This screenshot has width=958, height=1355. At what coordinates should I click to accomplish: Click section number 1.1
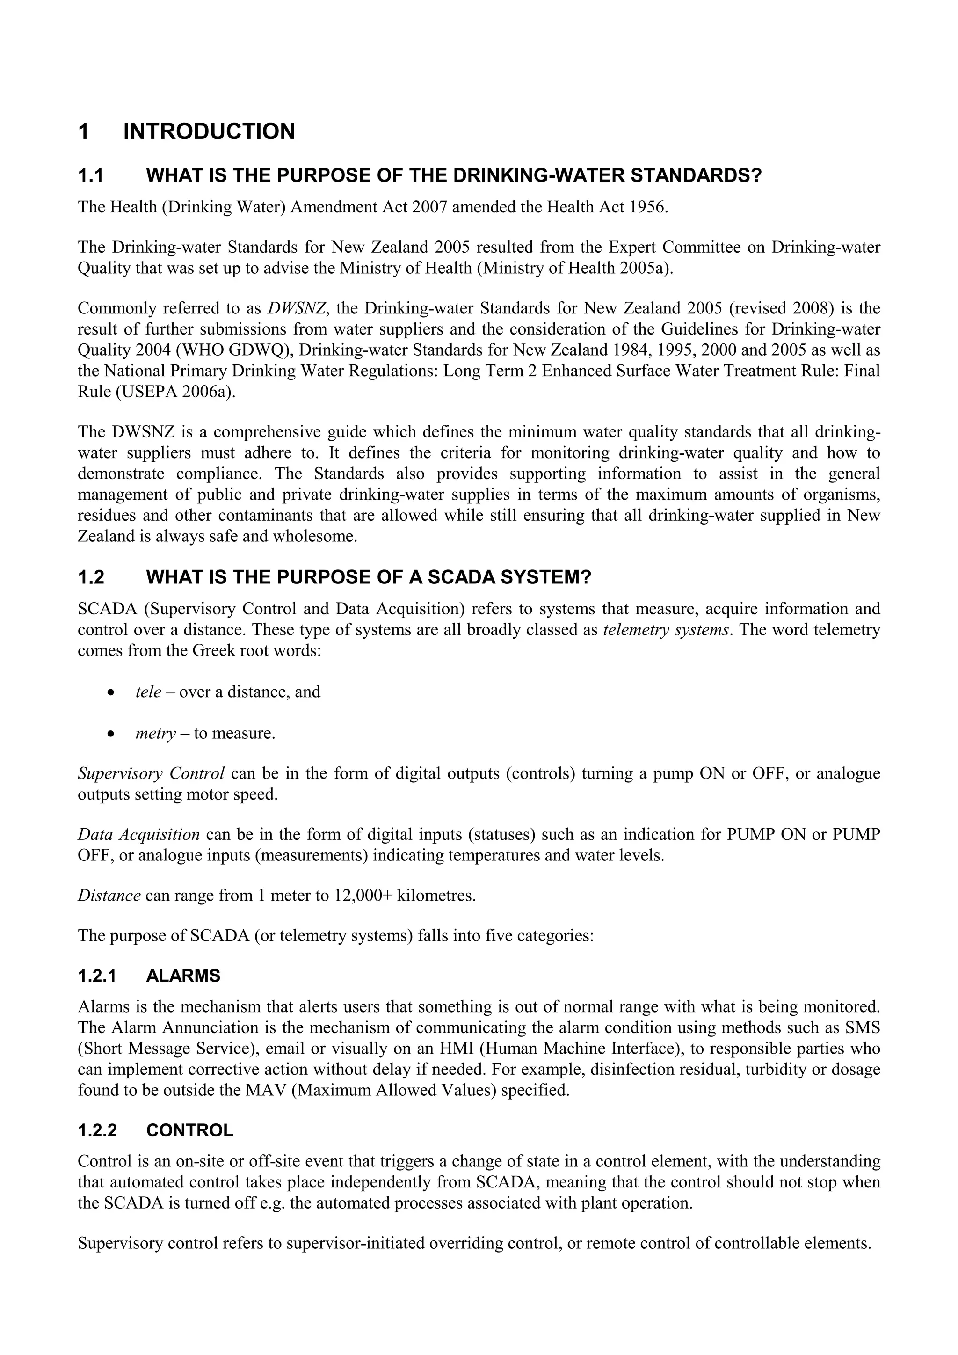point(91,176)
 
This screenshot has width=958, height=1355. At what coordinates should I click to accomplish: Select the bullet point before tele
point(110,692)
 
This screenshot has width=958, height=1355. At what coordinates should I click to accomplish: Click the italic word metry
point(155,734)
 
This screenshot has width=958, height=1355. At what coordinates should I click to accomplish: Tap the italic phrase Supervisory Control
point(151,773)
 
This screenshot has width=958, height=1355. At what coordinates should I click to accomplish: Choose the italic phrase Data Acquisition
point(139,835)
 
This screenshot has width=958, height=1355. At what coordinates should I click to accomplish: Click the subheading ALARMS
point(183,976)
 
